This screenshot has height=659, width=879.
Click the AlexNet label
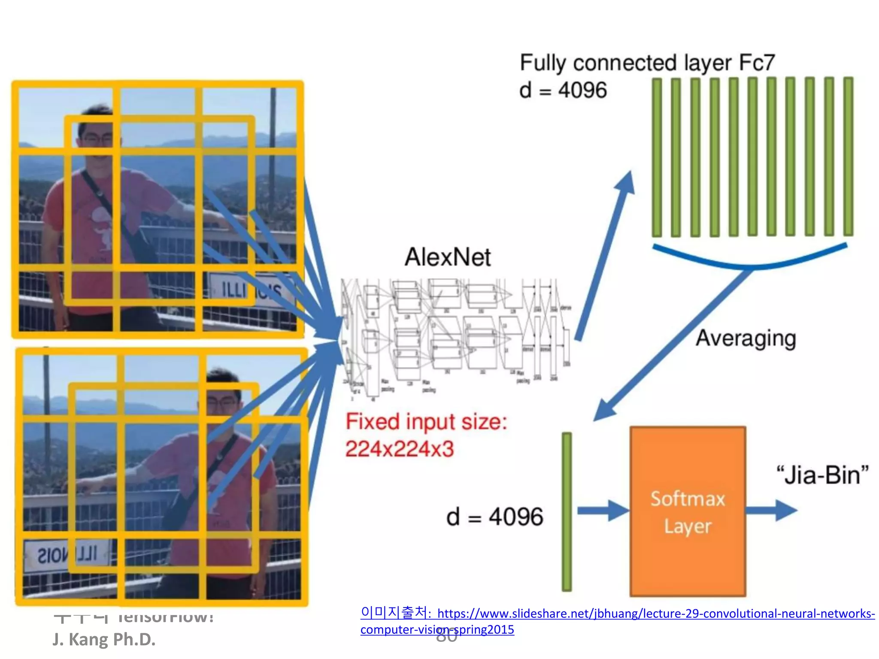coord(447,257)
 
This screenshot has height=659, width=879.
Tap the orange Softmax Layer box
coord(688,511)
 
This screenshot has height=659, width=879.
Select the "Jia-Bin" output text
coord(822,475)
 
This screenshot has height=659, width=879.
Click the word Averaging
coord(746,339)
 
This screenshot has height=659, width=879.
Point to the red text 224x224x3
coord(399,449)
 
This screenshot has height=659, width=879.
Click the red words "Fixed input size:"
coord(426,421)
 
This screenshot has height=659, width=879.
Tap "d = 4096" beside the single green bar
coord(494,517)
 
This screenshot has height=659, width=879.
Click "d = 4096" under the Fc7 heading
coord(563,91)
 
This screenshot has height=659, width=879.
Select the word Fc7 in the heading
coord(757,63)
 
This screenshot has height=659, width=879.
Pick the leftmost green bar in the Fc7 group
coord(657,157)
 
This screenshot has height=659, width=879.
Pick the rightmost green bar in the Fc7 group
coord(848,157)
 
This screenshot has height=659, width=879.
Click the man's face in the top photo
coord(95,137)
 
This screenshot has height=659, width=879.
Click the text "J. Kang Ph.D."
coord(104,639)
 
